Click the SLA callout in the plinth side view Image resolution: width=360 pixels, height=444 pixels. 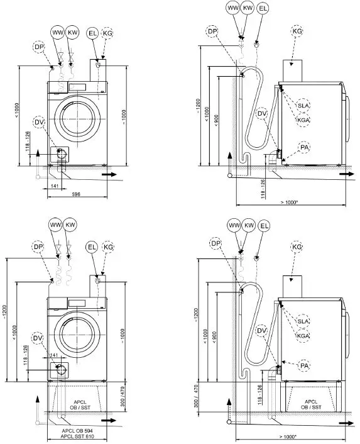tap(304, 321)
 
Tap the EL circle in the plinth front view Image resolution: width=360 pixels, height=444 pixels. tap(92, 248)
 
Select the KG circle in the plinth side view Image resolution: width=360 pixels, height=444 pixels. tap(297, 248)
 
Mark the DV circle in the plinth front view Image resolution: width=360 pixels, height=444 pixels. tap(38, 340)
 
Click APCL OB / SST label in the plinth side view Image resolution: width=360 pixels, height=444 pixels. tap(311, 404)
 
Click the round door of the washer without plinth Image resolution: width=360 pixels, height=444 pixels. tap(76, 117)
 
